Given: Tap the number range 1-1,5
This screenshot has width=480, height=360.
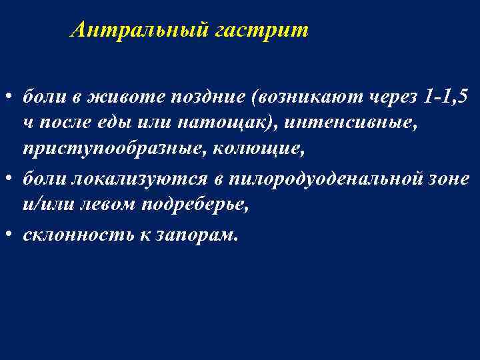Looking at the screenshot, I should [x=446, y=97].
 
